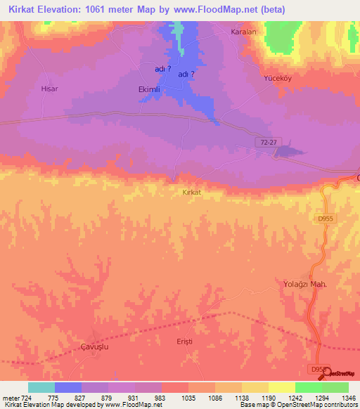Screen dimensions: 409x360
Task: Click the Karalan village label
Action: [243, 32]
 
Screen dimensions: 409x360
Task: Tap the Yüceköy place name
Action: [278, 78]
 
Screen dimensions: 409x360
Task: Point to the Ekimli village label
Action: [148, 90]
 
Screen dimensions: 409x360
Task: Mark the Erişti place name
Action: [184, 341]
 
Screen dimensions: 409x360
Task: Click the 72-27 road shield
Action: [266, 143]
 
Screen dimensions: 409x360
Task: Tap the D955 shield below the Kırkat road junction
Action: [324, 219]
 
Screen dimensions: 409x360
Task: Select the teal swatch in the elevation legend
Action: [41, 387]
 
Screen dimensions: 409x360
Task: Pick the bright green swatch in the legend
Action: [308, 387]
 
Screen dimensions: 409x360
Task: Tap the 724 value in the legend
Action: [27, 398]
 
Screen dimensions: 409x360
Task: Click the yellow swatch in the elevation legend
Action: [281, 387]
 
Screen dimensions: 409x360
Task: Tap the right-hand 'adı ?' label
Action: [186, 74]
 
